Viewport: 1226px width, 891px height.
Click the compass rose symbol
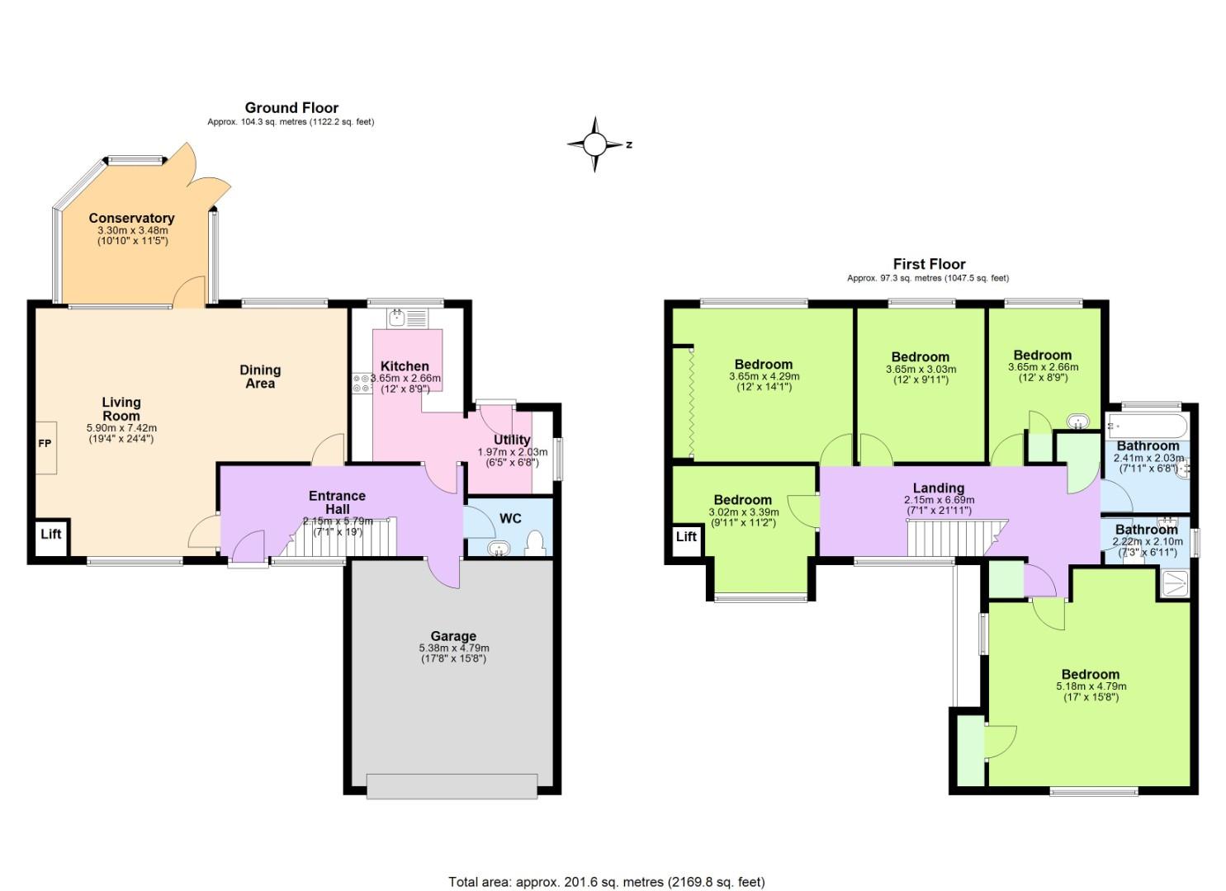tap(594, 144)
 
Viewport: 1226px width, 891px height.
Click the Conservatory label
tap(131, 219)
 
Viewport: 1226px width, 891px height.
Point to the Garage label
tap(452, 636)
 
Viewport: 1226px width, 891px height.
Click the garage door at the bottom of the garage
tap(452, 785)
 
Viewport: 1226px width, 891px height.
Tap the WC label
tap(510, 519)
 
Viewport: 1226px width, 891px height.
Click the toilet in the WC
tap(535, 543)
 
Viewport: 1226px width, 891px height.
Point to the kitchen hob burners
tap(362, 383)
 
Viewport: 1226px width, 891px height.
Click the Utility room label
tap(512, 440)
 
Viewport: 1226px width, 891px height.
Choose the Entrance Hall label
tap(337, 502)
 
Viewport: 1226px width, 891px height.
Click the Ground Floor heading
tap(291, 108)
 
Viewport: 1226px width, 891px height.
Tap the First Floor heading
tap(929, 264)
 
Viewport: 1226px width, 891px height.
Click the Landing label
tap(938, 488)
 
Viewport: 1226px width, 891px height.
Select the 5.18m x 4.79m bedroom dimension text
tap(1091, 686)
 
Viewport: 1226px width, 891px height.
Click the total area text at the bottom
tap(606, 882)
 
